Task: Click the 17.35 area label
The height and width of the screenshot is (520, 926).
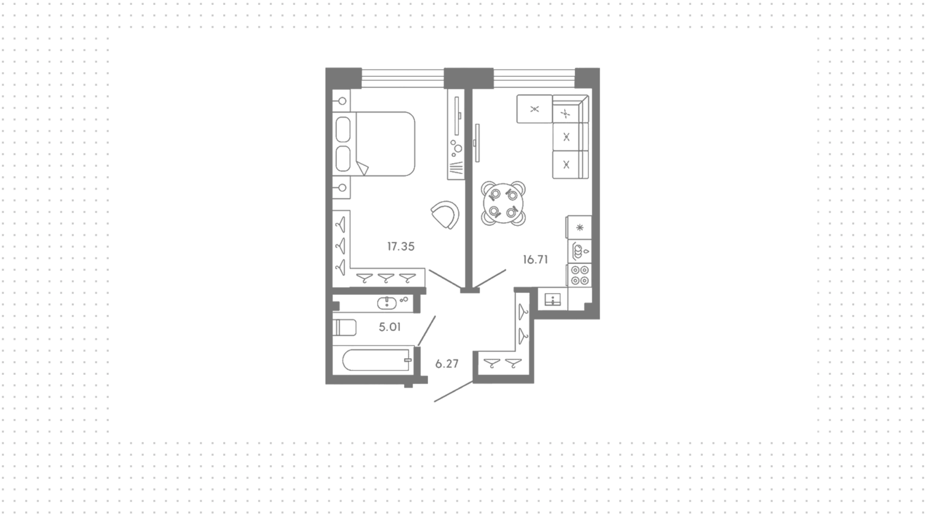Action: pyautogui.click(x=401, y=246)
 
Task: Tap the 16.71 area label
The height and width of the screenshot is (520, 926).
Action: pyautogui.click(x=535, y=260)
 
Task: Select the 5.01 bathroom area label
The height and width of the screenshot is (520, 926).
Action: pyautogui.click(x=390, y=327)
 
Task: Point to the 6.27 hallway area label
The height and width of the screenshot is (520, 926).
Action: pyautogui.click(x=447, y=364)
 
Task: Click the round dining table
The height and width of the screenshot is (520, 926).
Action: pyautogui.click(x=504, y=203)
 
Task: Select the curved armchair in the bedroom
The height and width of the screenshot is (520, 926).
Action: pyautogui.click(x=445, y=215)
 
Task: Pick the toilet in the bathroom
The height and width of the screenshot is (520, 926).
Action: pyautogui.click(x=344, y=328)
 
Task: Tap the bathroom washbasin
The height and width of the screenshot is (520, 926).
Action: pyautogui.click(x=387, y=303)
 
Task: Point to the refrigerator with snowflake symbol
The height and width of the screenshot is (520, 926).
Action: pyautogui.click(x=580, y=227)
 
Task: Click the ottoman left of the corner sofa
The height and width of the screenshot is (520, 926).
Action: pyautogui.click(x=534, y=109)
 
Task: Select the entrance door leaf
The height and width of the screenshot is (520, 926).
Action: pyautogui.click(x=453, y=391)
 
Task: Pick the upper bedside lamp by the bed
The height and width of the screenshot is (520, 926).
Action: pyautogui.click(x=342, y=101)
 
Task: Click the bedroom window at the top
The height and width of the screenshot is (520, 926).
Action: pyautogui.click(x=403, y=79)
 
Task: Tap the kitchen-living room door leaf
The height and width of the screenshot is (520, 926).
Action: pyautogui.click(x=489, y=280)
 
